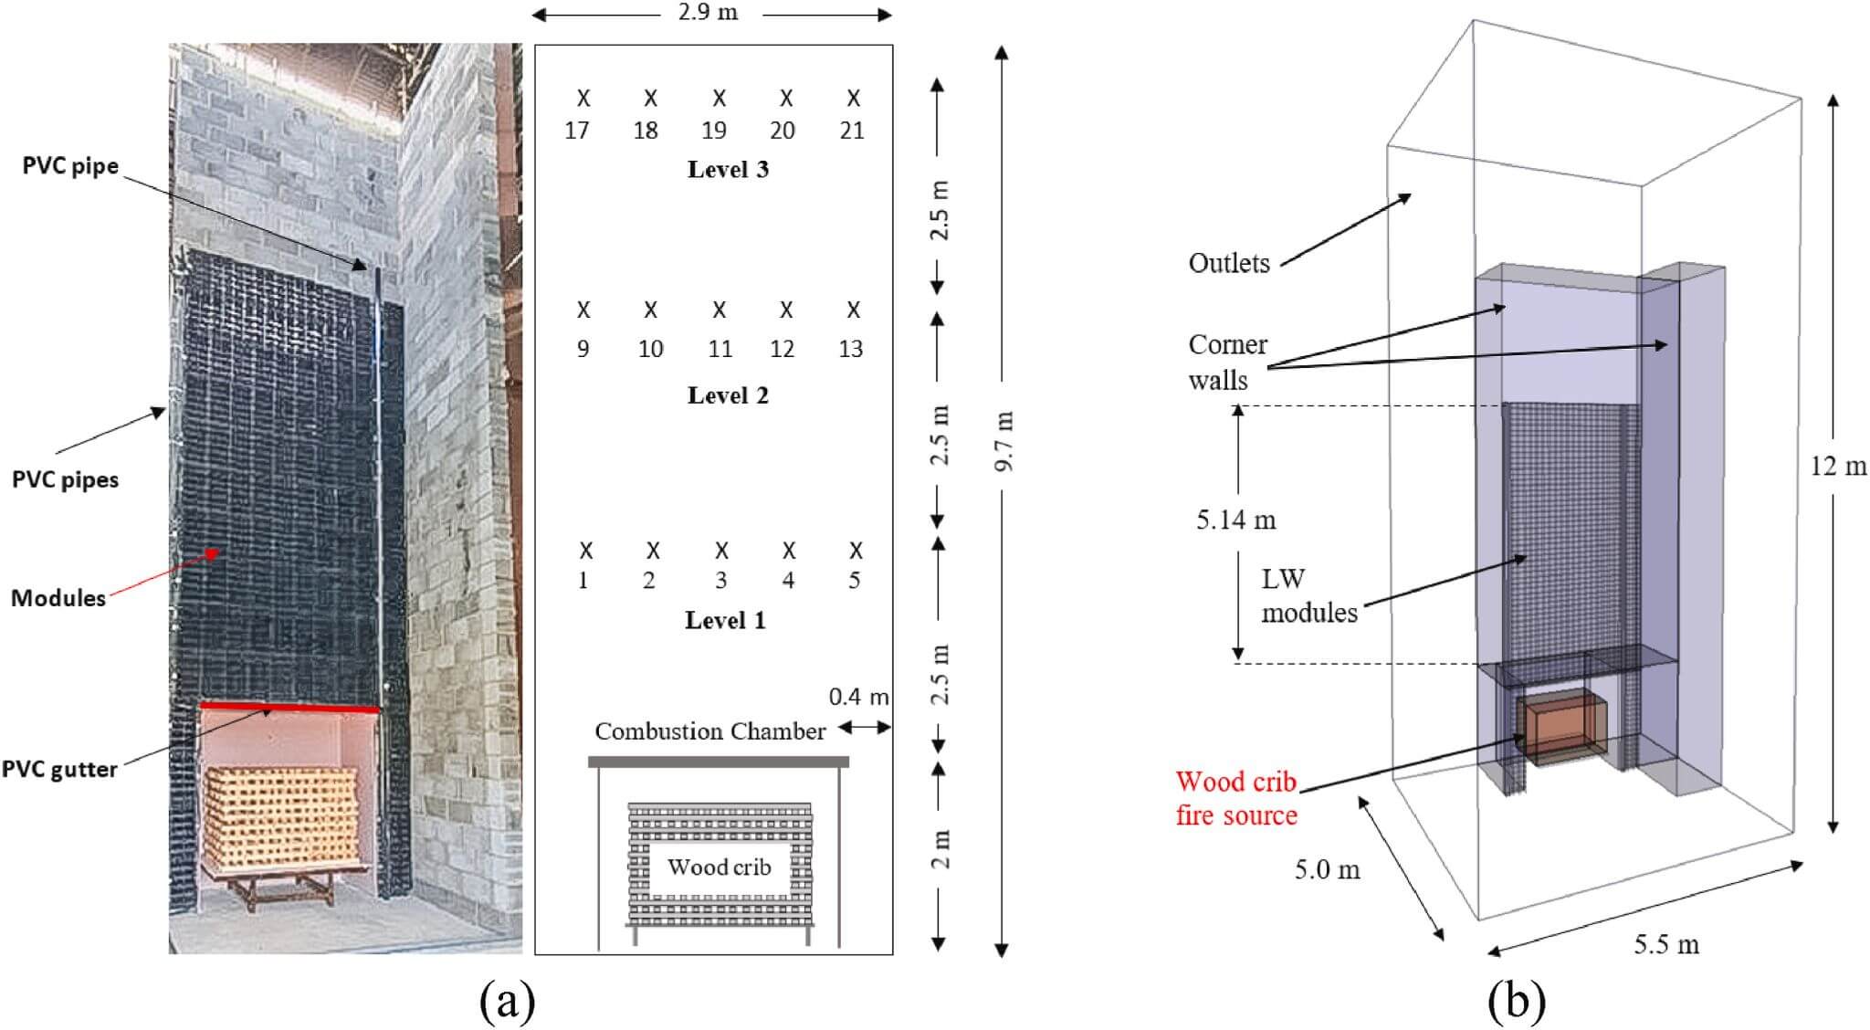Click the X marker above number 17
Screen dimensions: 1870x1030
click(583, 97)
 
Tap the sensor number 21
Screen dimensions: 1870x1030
click(852, 131)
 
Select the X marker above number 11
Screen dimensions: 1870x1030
click(720, 310)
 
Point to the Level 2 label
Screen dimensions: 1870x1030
click(728, 395)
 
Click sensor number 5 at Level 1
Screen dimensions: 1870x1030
click(855, 581)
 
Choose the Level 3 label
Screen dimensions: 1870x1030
click(728, 170)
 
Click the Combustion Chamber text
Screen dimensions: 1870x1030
click(710, 731)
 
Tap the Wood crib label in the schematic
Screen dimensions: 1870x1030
click(719, 867)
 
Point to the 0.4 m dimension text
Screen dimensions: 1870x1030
click(858, 697)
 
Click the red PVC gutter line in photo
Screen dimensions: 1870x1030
click(289, 707)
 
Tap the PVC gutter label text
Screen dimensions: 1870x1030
click(59, 769)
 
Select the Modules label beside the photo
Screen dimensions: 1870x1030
click(58, 598)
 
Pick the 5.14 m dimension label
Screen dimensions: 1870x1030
click(1236, 520)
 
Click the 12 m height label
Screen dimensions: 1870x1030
click(1839, 466)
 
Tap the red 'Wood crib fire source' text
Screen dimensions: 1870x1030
click(1236, 798)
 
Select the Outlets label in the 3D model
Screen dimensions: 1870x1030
click(1229, 263)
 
